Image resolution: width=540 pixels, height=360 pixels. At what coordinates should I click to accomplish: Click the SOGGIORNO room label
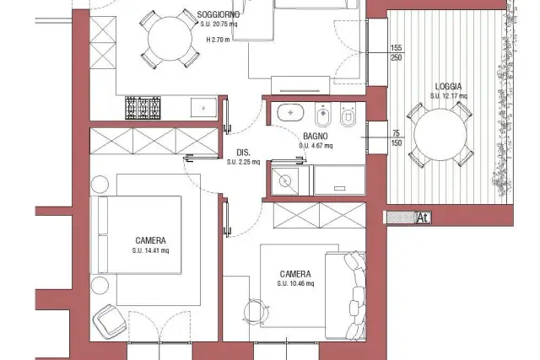point(219,15)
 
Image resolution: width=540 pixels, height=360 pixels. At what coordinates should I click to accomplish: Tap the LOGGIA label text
point(448,86)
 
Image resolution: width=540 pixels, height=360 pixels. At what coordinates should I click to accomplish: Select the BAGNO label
point(315,137)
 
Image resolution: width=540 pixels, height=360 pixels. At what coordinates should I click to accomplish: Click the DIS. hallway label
point(244,153)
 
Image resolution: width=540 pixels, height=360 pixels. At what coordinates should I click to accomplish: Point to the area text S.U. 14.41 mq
point(150,250)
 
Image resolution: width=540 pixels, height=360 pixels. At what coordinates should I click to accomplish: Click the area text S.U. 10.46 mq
point(295,283)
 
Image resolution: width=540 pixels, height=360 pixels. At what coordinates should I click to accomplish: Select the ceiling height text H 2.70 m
point(218,40)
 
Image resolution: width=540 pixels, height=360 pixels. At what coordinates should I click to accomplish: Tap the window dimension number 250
point(397,57)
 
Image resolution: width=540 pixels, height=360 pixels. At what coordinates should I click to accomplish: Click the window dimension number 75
point(396,133)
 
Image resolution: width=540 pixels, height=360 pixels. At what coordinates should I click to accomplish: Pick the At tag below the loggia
point(423,218)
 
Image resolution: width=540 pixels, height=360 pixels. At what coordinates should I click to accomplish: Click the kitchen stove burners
point(143,108)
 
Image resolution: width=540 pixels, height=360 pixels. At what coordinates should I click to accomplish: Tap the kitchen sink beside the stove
point(204,108)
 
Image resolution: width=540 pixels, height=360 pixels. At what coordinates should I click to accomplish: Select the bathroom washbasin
point(290,112)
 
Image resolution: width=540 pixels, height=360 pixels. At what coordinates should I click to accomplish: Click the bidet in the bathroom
point(322,115)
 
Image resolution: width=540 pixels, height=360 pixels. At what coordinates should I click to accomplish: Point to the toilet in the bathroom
point(348,115)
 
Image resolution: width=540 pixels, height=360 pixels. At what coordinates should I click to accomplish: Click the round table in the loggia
point(440,135)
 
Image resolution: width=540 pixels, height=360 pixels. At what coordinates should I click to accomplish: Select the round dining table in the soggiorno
point(170,39)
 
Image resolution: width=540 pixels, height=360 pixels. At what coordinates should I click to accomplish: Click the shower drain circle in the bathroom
point(285,180)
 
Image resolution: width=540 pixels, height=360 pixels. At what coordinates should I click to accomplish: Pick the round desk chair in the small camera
point(256,312)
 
